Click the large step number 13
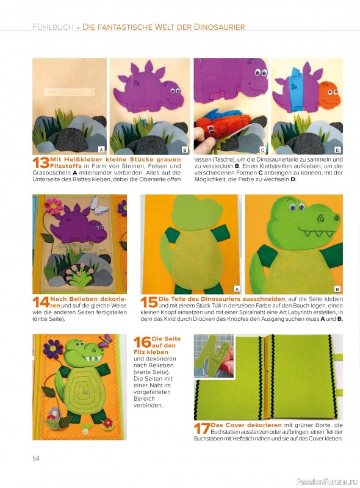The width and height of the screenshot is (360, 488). pos(41,163)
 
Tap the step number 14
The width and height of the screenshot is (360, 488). pos(41,302)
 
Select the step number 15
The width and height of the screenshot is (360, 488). pos(149,302)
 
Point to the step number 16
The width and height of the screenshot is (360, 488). pos(142,342)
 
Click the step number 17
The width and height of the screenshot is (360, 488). pos(202,428)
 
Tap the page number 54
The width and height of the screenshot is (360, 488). pos(36,458)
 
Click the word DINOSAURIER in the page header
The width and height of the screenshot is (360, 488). pos(219,27)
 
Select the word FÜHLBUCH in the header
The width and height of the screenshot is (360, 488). pos(53,27)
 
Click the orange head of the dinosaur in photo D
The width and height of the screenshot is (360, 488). pos(328,95)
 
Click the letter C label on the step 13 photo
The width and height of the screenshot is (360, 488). pos(262,150)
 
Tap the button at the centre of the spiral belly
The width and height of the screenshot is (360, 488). pos(85,392)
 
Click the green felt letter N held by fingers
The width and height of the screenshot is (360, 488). pos(214,353)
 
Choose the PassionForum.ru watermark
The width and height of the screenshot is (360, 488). pos(327,482)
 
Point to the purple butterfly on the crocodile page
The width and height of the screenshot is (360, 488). pos(106,341)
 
